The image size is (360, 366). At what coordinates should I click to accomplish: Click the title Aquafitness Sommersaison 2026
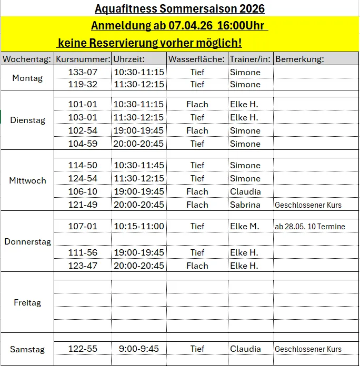(179, 8)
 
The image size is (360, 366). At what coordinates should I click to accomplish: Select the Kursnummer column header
(83, 59)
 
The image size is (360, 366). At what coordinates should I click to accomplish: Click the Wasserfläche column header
(197, 59)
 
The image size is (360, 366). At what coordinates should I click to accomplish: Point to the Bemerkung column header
(299, 59)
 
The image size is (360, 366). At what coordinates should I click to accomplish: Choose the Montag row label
(27, 78)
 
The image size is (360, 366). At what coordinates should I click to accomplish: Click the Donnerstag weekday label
(28, 242)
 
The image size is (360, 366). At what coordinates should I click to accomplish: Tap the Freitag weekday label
(27, 302)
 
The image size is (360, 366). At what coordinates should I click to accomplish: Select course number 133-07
(83, 72)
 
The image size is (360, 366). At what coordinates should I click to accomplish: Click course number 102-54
(83, 130)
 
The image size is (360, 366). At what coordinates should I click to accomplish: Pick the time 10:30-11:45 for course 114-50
(138, 165)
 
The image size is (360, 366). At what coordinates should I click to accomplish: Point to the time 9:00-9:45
(138, 349)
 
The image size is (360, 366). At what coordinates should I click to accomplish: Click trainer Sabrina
(245, 205)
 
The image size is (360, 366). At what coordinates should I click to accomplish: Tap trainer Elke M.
(245, 226)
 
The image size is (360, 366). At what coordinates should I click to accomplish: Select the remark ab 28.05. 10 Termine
(310, 227)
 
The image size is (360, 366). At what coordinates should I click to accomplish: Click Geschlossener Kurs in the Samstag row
(308, 349)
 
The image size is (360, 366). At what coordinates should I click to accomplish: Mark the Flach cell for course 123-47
(197, 266)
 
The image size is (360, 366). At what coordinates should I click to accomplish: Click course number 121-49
(83, 205)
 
